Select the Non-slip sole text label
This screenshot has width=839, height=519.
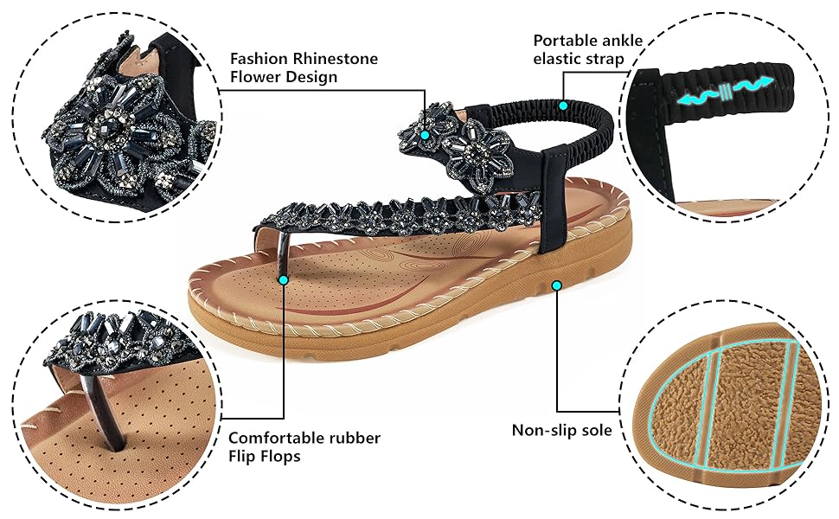561,430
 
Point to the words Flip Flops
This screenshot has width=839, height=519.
265,456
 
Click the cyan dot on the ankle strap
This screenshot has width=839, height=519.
563,105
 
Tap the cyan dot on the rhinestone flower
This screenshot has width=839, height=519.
426,136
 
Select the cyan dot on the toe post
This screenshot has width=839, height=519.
284,279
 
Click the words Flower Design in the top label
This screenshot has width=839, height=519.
284,77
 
